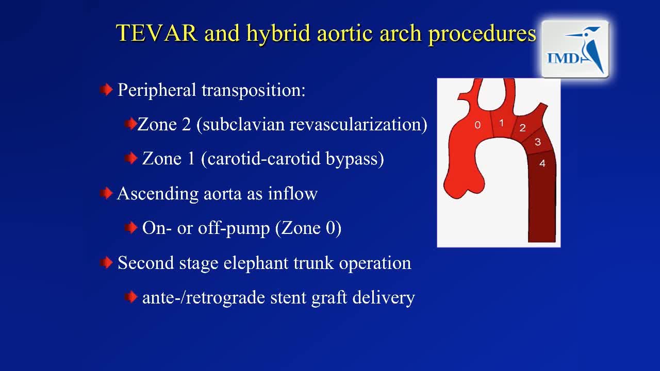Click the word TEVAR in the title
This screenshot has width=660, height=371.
tap(156, 32)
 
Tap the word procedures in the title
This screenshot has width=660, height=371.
tap(482, 34)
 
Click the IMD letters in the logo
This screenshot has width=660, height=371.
tap(564, 58)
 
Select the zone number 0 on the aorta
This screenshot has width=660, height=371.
tap(477, 125)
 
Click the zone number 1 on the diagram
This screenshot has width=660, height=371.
tap(502, 123)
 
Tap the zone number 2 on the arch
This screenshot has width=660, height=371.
tap(523, 128)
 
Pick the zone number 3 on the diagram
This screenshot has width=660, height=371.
tap(538, 142)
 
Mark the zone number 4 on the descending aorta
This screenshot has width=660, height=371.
tap(542, 164)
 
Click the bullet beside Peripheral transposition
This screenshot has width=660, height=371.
tap(106, 90)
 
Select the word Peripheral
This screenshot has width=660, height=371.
tap(157, 90)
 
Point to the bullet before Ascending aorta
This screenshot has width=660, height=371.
tap(106, 193)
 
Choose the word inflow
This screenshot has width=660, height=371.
tap(292, 193)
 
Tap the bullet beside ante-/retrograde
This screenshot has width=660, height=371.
tap(131, 297)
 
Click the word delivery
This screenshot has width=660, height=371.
tap(384, 298)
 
